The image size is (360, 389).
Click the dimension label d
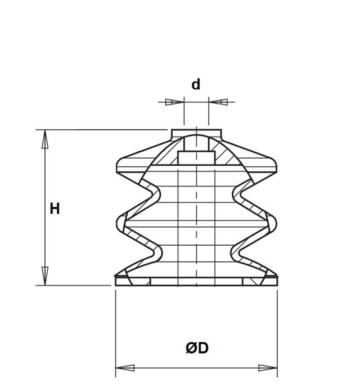[x=196, y=85]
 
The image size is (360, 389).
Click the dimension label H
[x=55, y=209]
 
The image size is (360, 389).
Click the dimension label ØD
[x=197, y=349]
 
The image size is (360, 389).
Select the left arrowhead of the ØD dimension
[x=125, y=368]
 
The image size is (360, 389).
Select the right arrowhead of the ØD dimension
[x=268, y=368]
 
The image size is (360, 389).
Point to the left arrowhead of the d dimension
[x=175, y=102]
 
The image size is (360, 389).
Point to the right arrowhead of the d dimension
[x=218, y=102]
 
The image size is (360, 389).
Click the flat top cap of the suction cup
[x=196, y=133]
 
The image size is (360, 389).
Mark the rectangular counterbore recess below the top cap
[x=196, y=157]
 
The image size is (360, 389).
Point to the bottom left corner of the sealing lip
[x=116, y=284]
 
